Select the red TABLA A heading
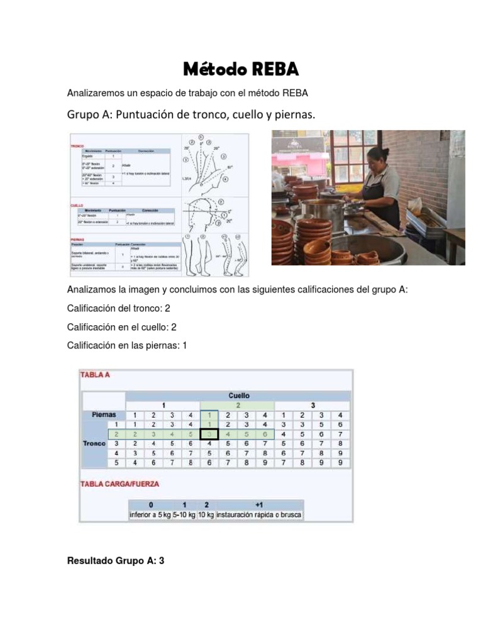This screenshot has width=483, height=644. pos(95,374)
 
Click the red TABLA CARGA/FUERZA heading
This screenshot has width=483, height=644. pos(119,484)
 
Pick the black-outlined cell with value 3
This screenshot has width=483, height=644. pos(209,433)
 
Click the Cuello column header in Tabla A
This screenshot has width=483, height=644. pos(238,396)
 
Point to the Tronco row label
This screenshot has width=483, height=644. pos(94,443)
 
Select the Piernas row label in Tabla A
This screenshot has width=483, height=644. pos(103,414)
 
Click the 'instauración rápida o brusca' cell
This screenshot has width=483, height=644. pos(259,515)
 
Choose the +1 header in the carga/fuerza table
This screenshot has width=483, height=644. pos(259,504)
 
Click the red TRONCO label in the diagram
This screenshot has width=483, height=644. pos(77,145)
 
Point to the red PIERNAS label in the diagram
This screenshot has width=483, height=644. pos(77,239)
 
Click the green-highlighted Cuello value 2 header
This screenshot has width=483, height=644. pos(238,405)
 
